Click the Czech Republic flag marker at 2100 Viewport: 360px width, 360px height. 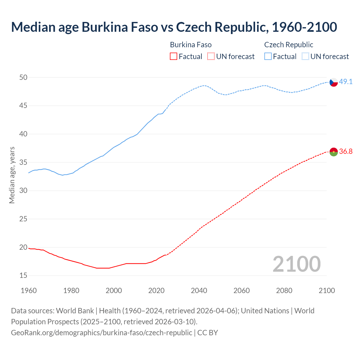click(334, 82)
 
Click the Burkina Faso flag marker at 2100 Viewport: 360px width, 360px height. click(334, 152)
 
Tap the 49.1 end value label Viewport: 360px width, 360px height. click(346, 82)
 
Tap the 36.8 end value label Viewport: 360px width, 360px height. click(346, 152)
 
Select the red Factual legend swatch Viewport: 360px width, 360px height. click(174, 57)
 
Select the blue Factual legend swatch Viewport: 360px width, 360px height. click(268, 57)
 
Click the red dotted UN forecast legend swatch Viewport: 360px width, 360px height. click(211, 57)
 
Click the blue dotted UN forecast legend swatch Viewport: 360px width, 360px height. click(305, 57)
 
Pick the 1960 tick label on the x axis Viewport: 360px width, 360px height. click(29, 291)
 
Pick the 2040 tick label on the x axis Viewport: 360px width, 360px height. click(199, 291)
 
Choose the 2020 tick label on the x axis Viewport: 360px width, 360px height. click(156, 291)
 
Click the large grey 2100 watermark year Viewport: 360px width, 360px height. click(297, 264)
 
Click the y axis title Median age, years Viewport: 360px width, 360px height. click(12, 175)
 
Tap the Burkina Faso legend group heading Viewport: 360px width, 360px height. click(191, 45)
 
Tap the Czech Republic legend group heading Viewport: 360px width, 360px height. click(289, 45)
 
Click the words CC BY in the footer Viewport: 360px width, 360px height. click(208, 333)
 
